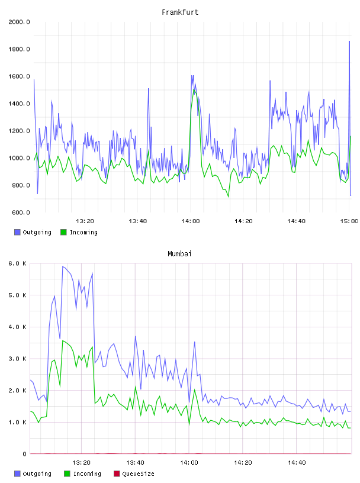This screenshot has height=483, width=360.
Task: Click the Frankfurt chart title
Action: pos(180,12)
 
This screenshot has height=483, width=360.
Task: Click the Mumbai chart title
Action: pos(179,254)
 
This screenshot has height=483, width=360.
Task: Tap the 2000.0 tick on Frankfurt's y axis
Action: pos(19,22)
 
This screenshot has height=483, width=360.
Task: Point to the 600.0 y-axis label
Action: pos(21,212)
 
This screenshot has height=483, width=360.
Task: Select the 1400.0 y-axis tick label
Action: pos(19,104)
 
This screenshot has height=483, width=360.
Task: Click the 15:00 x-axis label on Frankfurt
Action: pos(349,221)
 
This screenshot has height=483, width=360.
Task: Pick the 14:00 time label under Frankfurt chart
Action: pos(191,221)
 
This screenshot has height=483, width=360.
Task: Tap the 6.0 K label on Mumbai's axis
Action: pos(17,263)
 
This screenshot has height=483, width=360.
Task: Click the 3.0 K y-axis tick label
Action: pos(17,359)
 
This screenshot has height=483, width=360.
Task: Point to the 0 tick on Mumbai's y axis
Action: pos(24,454)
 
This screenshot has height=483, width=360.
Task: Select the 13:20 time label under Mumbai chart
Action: pos(81,463)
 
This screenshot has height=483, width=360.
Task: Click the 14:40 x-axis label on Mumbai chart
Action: pos(297,463)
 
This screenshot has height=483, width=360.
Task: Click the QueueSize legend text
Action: pos(138,474)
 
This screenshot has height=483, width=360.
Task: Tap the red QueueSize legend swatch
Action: pos(117,474)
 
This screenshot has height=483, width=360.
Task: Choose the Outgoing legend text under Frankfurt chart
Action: pos(37,232)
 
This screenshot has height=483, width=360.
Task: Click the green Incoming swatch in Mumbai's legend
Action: pos(67,474)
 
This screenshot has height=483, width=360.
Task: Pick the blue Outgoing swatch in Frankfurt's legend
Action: pos(17,232)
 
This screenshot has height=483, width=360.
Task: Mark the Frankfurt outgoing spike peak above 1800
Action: pos(349,41)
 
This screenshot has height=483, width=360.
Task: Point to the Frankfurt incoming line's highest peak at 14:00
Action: pos(194,89)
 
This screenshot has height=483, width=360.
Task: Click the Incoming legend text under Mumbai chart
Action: pos(87,474)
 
